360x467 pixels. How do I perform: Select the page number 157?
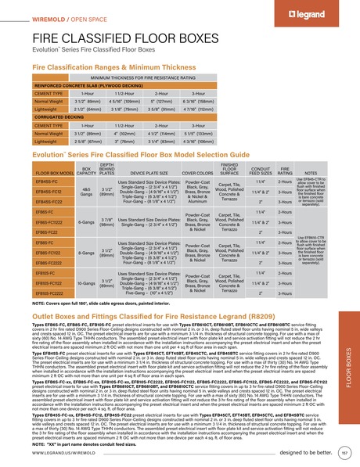click(x=345, y=452)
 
